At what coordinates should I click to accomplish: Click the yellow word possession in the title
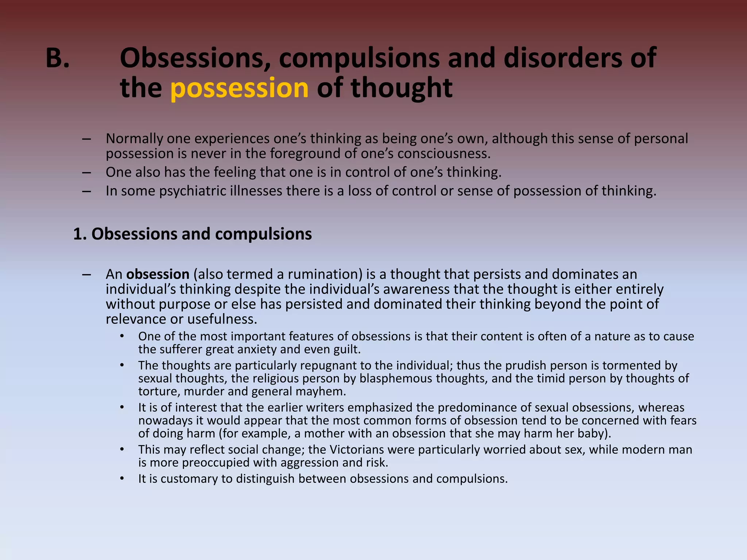click(239, 88)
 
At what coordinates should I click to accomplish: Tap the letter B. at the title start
click(57, 58)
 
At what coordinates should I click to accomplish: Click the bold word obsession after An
click(158, 274)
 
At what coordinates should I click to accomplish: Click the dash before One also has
click(86, 172)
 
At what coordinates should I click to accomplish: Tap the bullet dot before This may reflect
click(122, 450)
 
